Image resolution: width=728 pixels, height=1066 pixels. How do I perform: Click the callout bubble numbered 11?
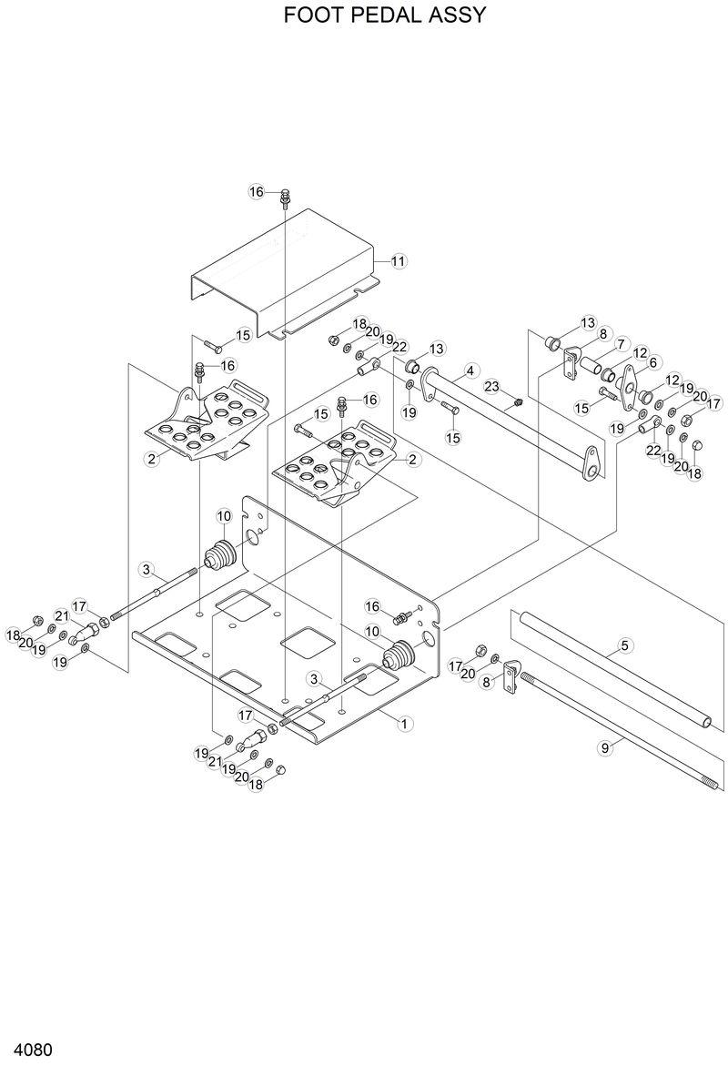coord(399,261)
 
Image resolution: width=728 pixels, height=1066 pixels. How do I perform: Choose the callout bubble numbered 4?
coord(470,371)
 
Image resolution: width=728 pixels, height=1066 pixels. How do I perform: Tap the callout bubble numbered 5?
coord(625,645)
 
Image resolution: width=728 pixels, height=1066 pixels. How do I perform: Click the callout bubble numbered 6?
coord(652,361)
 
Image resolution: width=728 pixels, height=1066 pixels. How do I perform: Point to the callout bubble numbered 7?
coord(622,345)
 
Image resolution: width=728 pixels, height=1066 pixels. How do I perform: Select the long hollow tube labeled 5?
coord(610,669)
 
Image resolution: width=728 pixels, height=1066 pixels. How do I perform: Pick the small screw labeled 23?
coord(517,401)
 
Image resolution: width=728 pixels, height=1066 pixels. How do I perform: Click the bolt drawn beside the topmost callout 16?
coord(285,196)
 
